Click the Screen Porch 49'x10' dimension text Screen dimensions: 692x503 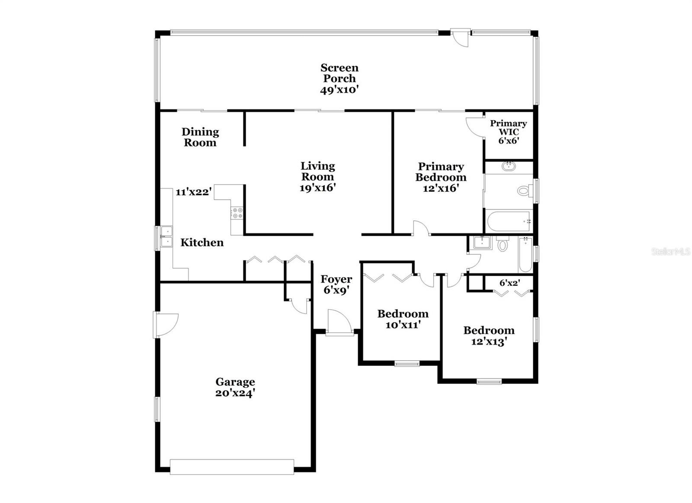339,90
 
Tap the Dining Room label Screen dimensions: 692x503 200,137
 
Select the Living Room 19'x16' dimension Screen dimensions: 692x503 317,188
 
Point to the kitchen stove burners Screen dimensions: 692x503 237,213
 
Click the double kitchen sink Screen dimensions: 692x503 167,236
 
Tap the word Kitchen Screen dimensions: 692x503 202,243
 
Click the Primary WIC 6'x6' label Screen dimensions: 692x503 509,132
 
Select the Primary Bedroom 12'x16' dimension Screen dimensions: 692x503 441,188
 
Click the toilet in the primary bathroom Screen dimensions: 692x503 525,190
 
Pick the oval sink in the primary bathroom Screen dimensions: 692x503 509,166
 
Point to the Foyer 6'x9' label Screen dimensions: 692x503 336,284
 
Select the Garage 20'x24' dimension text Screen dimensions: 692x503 235,393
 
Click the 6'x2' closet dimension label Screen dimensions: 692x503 510,283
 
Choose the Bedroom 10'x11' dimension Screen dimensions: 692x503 403,325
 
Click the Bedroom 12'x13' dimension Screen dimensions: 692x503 489,342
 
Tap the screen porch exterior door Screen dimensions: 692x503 460,38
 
